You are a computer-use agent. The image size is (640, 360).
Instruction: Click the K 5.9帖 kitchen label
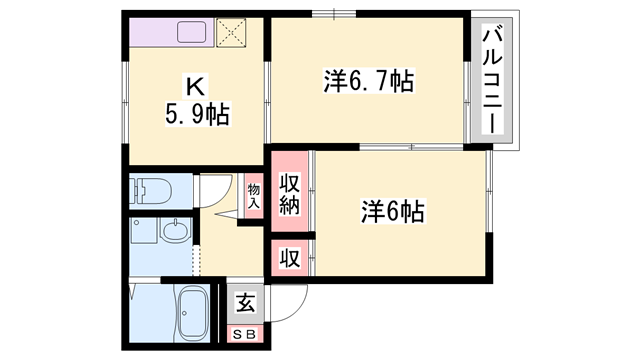(x=196, y=101)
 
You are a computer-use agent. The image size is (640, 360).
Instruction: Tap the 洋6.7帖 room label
(x=368, y=80)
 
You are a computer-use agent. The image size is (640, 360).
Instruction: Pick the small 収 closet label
(x=289, y=257)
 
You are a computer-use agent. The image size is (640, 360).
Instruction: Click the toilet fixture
(x=150, y=190)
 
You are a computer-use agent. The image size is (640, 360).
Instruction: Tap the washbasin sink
(x=174, y=232)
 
